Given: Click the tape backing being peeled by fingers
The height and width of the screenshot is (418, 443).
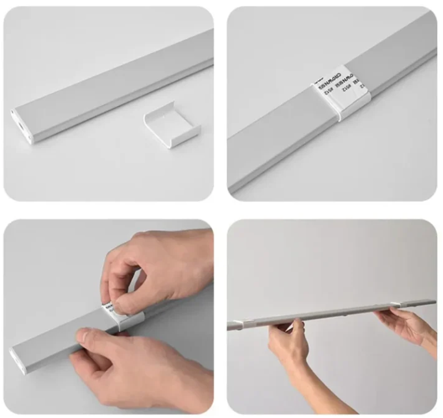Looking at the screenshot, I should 114,306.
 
